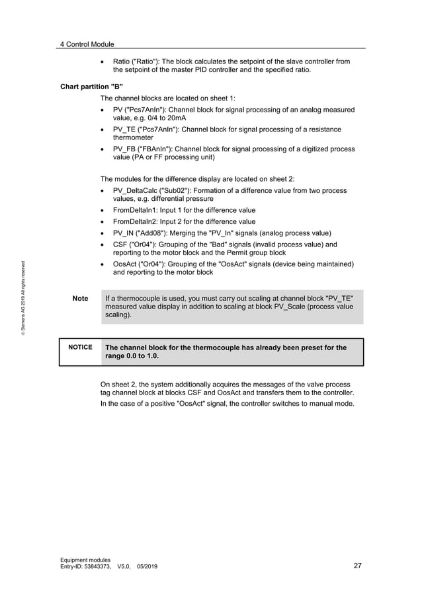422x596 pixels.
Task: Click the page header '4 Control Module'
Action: click(x=87, y=44)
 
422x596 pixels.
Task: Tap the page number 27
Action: click(x=357, y=566)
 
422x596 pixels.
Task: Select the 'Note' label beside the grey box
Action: click(x=80, y=299)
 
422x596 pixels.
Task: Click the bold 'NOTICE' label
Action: click(x=80, y=347)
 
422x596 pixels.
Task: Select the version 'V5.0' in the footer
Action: click(x=124, y=566)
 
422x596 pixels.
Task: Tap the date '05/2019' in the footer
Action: click(x=148, y=566)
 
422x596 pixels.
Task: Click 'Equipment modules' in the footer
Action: click(x=85, y=560)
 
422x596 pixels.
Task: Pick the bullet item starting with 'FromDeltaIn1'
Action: click(x=184, y=210)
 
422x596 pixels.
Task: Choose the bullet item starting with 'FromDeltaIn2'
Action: click(x=184, y=221)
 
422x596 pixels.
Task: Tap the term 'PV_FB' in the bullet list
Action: click(x=124, y=149)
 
